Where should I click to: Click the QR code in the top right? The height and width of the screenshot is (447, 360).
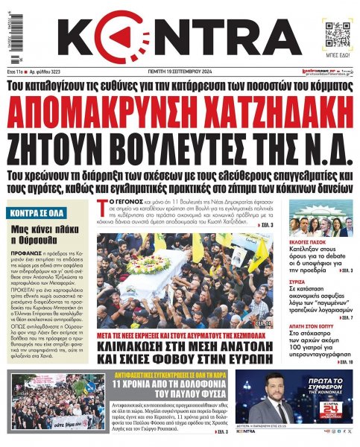(x=334, y=31)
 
